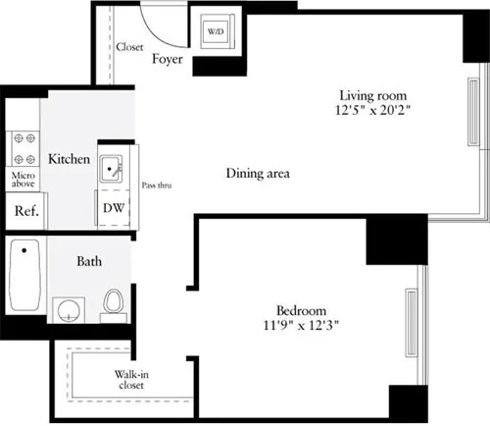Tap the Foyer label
pos(168,59)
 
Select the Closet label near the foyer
pos(129,46)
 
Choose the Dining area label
pos(258,174)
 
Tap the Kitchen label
pos(70,159)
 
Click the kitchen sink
pos(112,170)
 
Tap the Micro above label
pos(24,181)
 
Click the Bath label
pos(92,262)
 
